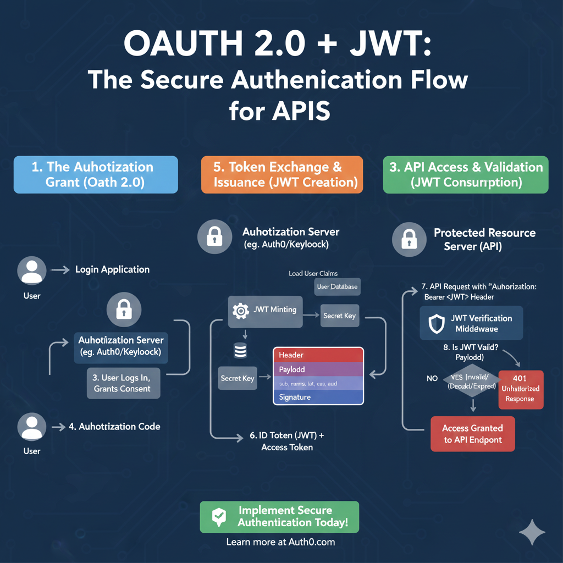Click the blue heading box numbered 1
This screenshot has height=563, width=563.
(96, 174)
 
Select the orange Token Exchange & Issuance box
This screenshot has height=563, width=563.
(282, 174)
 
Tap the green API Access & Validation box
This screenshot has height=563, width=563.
(466, 174)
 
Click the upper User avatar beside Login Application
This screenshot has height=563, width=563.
(32, 271)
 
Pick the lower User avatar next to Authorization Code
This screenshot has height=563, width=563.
(32, 427)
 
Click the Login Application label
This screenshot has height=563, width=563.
(112, 269)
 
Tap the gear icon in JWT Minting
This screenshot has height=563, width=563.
(241, 311)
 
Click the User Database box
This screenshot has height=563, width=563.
(337, 287)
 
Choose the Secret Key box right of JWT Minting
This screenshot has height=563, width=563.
(339, 316)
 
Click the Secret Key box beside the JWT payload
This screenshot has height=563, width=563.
(238, 378)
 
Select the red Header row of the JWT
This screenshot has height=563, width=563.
(318, 355)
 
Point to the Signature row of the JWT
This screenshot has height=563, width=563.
(318, 397)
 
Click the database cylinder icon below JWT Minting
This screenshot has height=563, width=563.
(240, 350)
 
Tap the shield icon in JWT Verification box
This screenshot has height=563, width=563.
(437, 324)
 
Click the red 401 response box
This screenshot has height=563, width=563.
(520, 389)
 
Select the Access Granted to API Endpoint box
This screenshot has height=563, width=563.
(472, 433)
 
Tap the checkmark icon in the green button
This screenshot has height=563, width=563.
(219, 517)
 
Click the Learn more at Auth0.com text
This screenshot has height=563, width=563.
(280, 542)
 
